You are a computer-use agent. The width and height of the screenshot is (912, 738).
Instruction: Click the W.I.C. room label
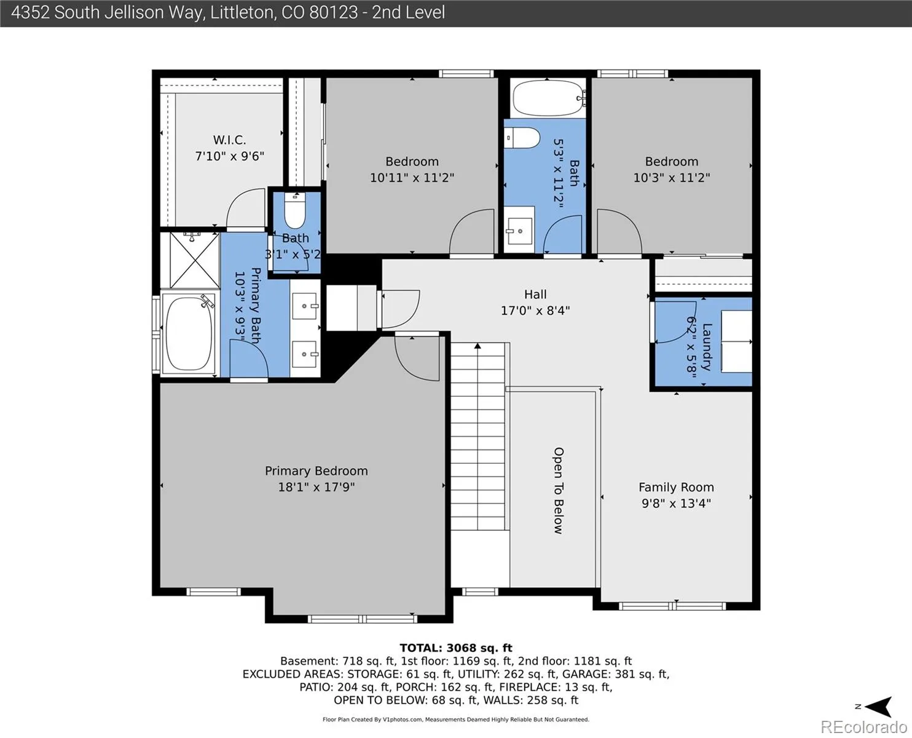click(x=229, y=140)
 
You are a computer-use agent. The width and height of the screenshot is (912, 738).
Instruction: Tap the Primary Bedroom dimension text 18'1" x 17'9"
click(x=316, y=487)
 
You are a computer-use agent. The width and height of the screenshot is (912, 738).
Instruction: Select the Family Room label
click(x=676, y=487)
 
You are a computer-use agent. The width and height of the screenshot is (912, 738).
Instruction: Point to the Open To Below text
click(x=559, y=490)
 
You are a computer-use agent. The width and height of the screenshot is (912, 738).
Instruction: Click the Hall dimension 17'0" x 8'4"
click(x=535, y=310)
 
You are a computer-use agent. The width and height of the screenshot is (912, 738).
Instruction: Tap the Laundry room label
click(x=707, y=347)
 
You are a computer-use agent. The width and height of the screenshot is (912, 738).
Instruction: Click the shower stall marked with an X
click(x=195, y=260)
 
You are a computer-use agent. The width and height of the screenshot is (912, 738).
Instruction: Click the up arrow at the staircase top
click(x=478, y=346)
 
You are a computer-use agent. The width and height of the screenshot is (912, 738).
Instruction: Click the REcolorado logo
click(x=863, y=727)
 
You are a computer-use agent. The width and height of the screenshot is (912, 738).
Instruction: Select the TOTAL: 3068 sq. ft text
click(x=456, y=648)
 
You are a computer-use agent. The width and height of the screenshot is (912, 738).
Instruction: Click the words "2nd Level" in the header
click(x=409, y=12)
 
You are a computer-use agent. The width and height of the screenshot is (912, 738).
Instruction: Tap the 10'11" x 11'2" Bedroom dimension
click(x=412, y=177)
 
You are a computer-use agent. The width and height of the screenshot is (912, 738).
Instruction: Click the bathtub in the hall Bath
click(x=549, y=98)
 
